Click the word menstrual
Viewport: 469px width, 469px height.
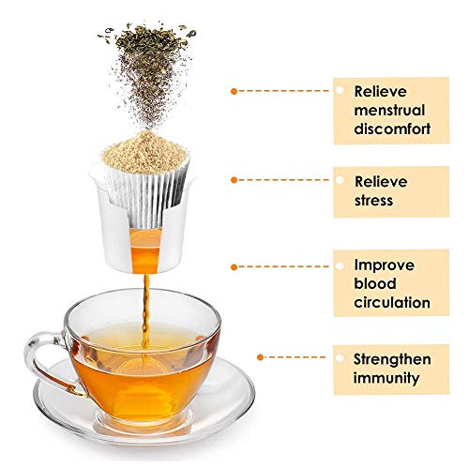tap(393, 110)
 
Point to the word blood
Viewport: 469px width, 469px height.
tap(374, 284)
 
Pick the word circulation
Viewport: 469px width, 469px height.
tap(392, 303)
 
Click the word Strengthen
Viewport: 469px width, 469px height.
tap(393, 359)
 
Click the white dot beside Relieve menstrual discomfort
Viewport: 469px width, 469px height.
tap(340, 91)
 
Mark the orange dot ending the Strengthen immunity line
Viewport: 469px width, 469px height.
tap(262, 357)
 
